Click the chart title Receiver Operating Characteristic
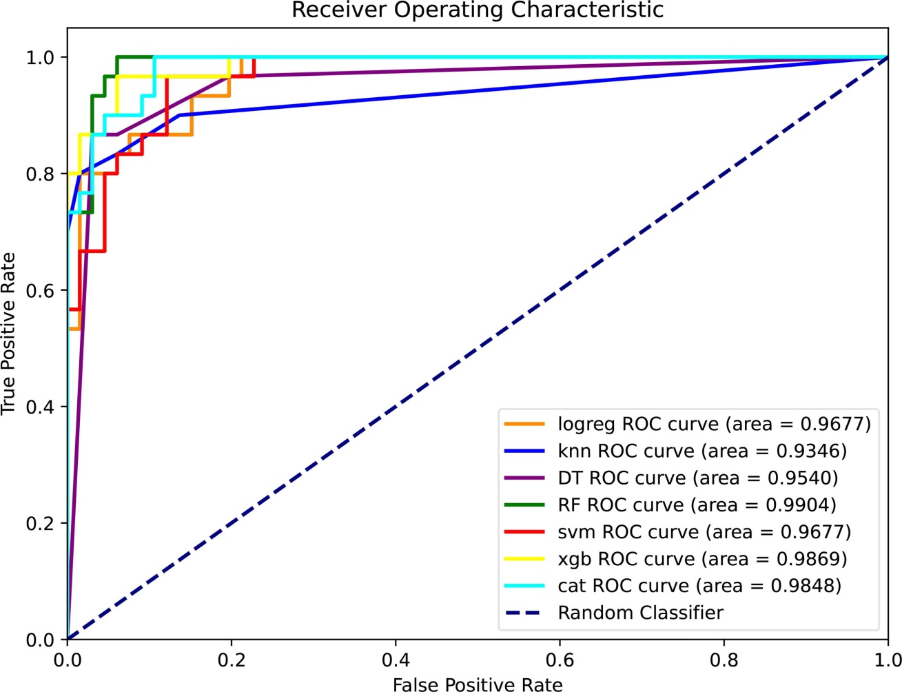pyautogui.click(x=478, y=10)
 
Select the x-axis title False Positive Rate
pyautogui.click(x=478, y=684)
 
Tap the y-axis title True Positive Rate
pyautogui.click(x=8, y=334)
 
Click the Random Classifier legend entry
pyautogui.click(x=640, y=612)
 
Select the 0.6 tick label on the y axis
pyautogui.click(x=40, y=290)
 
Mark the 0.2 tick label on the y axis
pyautogui.click(x=40, y=523)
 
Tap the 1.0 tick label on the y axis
pyautogui.click(x=40, y=57)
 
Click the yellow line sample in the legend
pyautogui.click(x=524, y=558)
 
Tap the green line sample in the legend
pyautogui.click(x=524, y=505)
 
